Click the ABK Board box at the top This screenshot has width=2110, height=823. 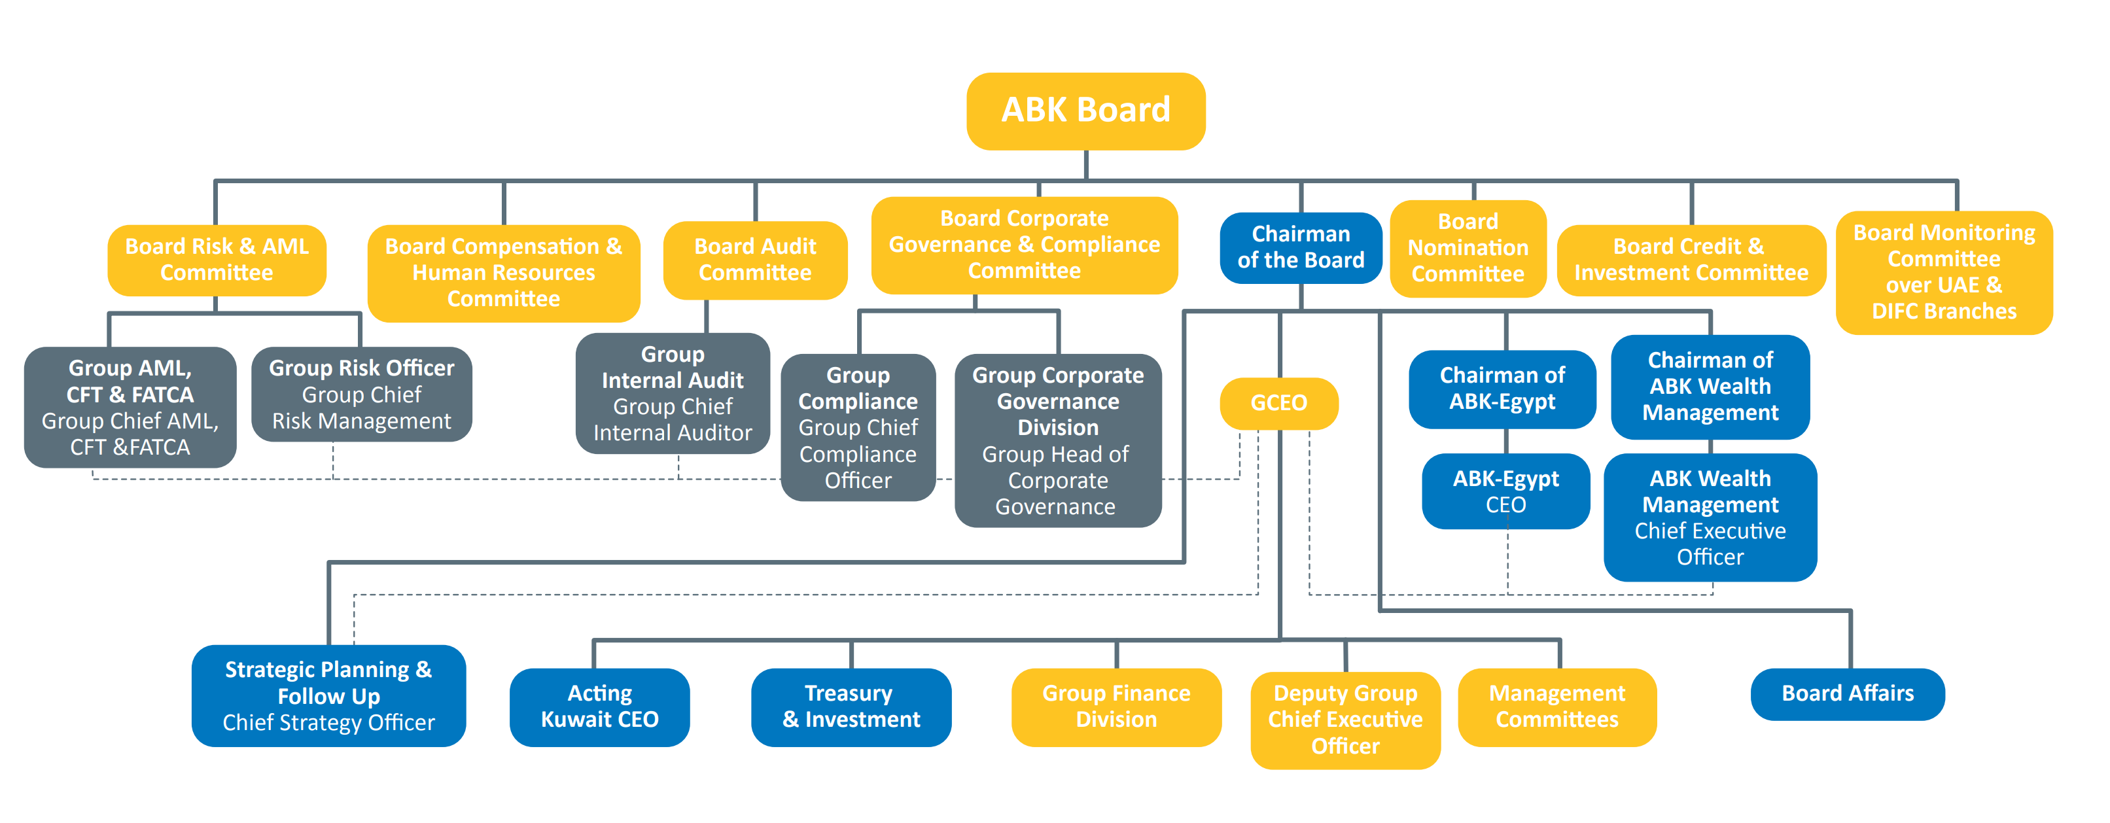click(x=1085, y=111)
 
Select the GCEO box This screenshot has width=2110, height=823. click(x=1278, y=403)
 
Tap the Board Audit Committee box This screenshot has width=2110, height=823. click(x=754, y=260)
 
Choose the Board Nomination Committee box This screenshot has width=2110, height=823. click(x=1468, y=248)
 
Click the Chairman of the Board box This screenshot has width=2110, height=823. click(x=1301, y=247)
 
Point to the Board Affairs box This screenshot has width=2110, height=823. click(x=1847, y=693)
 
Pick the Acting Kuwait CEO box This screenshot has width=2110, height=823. click(x=599, y=707)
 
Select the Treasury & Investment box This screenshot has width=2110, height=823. click(x=851, y=707)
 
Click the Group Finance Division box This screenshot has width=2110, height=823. click(x=1116, y=707)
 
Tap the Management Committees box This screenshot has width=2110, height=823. click(x=1556, y=707)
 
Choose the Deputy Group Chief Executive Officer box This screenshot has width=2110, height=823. click(x=1345, y=720)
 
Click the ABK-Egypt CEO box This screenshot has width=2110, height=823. click(x=1505, y=491)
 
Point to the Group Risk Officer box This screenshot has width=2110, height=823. click(x=361, y=394)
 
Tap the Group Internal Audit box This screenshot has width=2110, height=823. click(x=673, y=394)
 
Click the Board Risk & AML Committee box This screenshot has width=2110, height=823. click(x=217, y=260)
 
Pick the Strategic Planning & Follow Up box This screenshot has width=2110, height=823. click(x=328, y=695)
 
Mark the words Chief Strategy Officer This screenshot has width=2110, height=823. click(x=328, y=723)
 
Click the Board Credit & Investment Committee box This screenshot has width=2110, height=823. click(x=1691, y=260)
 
